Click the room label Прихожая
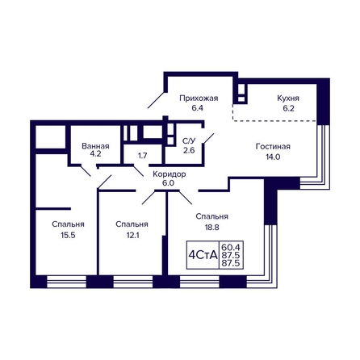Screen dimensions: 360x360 coord(199,98)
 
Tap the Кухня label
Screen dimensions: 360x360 coord(288,98)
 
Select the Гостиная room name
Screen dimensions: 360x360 coord(273,147)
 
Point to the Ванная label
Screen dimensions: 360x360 coord(95,146)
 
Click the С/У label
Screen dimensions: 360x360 coord(189,140)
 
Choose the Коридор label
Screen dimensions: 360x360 coord(170,174)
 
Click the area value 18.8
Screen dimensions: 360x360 coord(211,228)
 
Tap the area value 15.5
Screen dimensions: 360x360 coord(68,236)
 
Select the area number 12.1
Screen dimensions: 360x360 coord(132,236)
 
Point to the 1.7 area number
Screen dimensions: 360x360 coord(142,156)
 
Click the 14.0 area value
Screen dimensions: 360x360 coord(273,157)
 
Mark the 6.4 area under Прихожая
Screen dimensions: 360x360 coord(197,108)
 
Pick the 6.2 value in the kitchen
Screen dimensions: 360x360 coord(288,108)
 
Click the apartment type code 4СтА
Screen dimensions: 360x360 coord(203,255)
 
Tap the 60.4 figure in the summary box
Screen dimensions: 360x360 coord(230,246)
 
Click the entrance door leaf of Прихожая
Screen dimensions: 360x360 coord(156,100)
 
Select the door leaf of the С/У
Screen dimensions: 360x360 coord(209,139)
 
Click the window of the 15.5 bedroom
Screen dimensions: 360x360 coord(66,282)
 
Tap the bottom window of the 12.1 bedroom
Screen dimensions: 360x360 coord(133,282)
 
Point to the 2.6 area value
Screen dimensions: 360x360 coord(189,150)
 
